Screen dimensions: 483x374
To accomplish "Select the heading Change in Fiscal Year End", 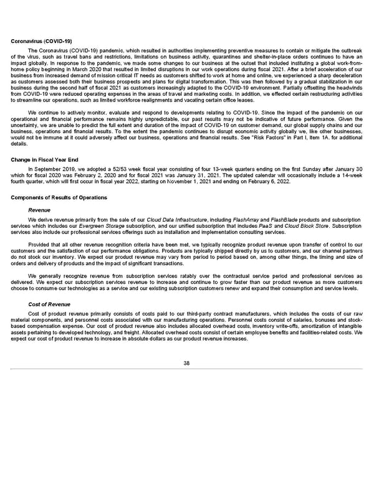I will coord(36,160).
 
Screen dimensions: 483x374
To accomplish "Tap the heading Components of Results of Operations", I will coord(59,197).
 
